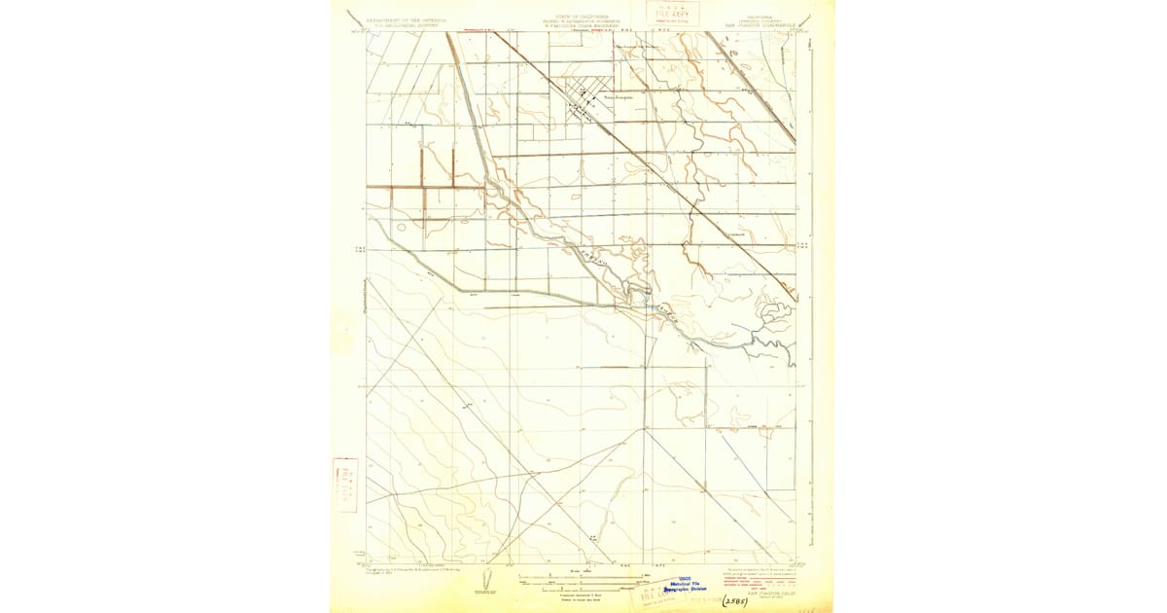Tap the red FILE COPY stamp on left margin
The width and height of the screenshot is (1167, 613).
point(344,485)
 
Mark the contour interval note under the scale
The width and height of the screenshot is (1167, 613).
point(580,594)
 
